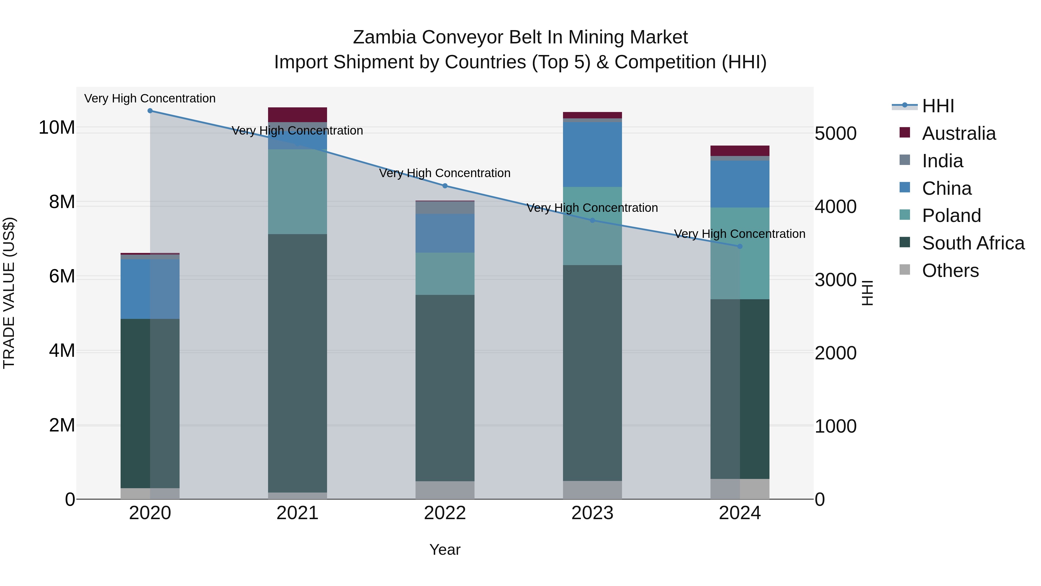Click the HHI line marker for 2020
click(x=150, y=111)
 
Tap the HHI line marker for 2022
click(x=445, y=185)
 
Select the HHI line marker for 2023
click(x=593, y=221)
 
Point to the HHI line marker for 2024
click(x=740, y=246)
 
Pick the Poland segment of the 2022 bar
click(x=445, y=273)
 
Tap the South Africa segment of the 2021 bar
click(x=298, y=363)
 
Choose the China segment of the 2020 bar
click(x=150, y=289)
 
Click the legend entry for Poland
click(x=951, y=216)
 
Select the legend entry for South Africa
click(x=973, y=243)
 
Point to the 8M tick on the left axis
click(x=62, y=202)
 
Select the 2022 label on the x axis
click(x=445, y=513)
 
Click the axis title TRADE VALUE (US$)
click(x=9, y=293)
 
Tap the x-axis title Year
click(x=445, y=550)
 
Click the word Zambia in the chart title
click(x=384, y=37)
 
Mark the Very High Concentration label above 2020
click(x=150, y=98)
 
